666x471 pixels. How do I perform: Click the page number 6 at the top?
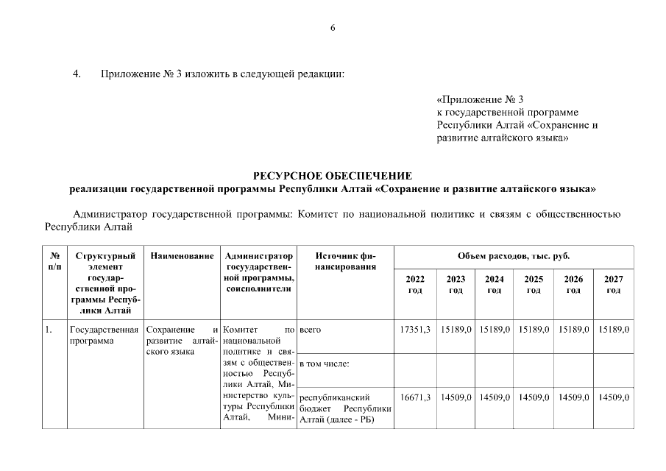(x=333, y=28)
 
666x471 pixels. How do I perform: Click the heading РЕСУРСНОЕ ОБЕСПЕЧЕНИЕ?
(x=333, y=175)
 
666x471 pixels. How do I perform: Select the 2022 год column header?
(x=415, y=285)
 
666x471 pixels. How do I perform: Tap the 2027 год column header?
(x=613, y=285)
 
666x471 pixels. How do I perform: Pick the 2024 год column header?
(x=495, y=285)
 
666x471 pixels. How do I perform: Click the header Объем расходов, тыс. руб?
(x=514, y=256)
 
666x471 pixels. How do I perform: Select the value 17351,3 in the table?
(x=415, y=330)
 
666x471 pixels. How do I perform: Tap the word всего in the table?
(x=310, y=330)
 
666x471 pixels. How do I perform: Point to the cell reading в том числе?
(x=324, y=364)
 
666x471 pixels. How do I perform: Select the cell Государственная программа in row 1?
(x=104, y=336)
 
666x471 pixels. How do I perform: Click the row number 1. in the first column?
(x=49, y=330)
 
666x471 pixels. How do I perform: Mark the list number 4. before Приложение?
(x=77, y=74)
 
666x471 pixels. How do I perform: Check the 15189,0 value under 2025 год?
(x=534, y=330)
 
